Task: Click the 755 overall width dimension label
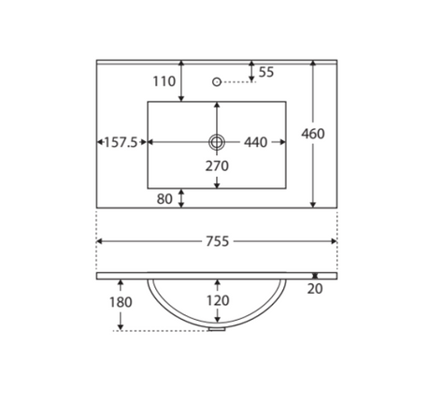[218, 241]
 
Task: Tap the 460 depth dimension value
[313, 134]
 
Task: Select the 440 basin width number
[255, 142]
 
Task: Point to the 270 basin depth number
[217, 166]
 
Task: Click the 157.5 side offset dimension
[121, 142]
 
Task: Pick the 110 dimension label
[165, 81]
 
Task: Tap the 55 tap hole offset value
[266, 72]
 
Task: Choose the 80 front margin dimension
[165, 199]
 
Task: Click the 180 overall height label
[121, 302]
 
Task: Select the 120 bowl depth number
[218, 300]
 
